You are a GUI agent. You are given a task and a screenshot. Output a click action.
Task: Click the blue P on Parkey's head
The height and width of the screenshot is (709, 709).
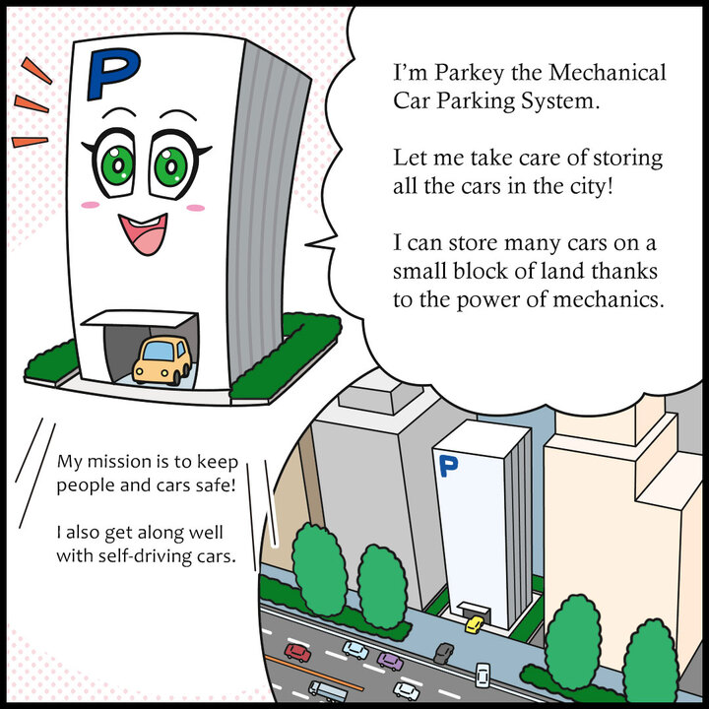click(x=110, y=73)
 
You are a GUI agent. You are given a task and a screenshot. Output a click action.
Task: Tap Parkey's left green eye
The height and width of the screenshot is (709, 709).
click(x=117, y=165)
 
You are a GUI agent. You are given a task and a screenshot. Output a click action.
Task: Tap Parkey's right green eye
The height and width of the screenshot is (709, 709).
click(x=173, y=164)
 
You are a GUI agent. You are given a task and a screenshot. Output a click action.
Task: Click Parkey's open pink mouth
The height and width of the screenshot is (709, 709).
click(x=142, y=233)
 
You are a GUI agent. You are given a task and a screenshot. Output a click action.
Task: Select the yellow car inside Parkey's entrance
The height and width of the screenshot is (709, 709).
click(x=162, y=359)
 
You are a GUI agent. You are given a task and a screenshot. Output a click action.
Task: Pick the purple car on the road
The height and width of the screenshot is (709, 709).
click(x=390, y=660)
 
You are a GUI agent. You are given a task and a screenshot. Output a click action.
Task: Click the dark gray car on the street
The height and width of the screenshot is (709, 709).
click(x=445, y=653)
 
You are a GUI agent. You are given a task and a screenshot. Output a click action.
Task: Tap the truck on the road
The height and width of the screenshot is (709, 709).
click(x=328, y=691)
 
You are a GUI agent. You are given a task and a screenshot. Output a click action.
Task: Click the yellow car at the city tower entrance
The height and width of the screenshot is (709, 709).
click(x=475, y=624)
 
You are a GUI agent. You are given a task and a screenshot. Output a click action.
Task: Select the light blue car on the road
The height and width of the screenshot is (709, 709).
click(x=355, y=650)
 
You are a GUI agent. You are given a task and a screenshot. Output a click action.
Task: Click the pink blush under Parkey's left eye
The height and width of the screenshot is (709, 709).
click(x=91, y=206)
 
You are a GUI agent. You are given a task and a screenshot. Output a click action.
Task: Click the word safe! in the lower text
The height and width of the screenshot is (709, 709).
click(x=215, y=484)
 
